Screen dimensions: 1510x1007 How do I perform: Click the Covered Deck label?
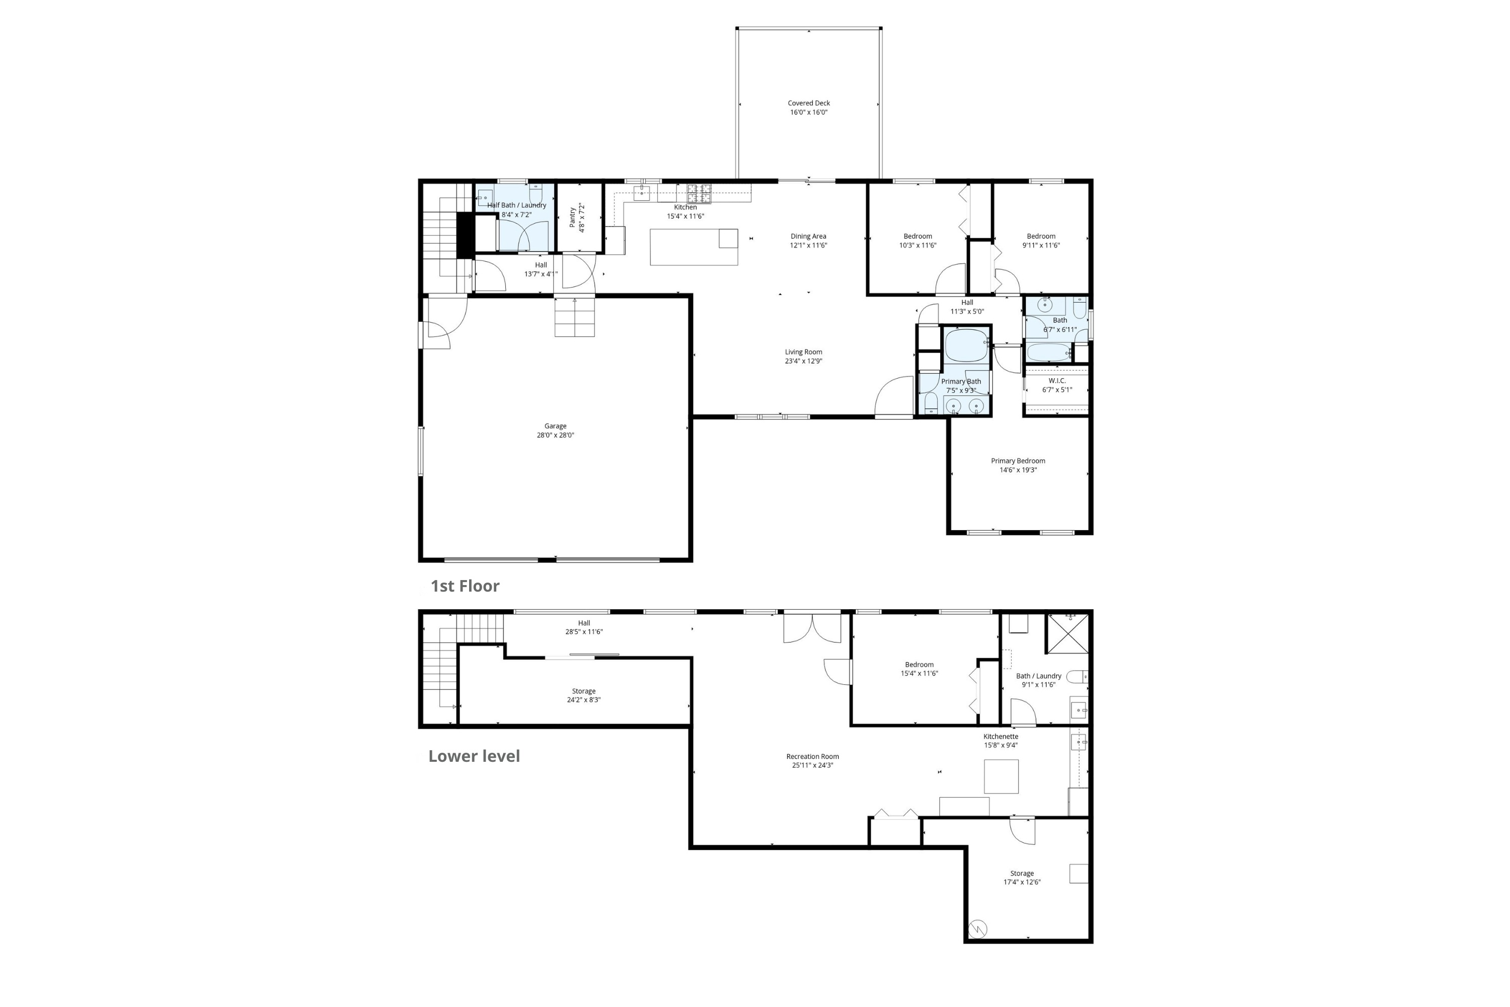click(x=808, y=107)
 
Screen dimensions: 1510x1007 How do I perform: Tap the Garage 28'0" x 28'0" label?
click(x=555, y=430)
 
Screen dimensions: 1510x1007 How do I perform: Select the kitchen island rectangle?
click(x=694, y=247)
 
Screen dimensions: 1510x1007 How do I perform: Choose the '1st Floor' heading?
click(x=465, y=586)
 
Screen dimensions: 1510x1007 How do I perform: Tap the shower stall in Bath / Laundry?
click(x=1067, y=633)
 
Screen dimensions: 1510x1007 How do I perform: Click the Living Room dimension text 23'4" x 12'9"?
click(x=803, y=361)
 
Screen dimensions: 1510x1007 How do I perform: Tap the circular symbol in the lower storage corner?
click(x=977, y=928)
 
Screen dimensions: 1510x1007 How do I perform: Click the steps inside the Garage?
click(x=575, y=317)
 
